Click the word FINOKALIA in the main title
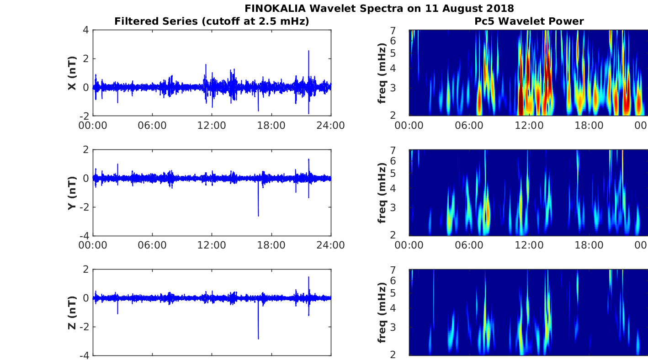(275, 8)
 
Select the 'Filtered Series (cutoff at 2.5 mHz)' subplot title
(212, 21)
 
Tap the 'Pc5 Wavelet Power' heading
(529, 21)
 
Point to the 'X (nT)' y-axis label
(72, 73)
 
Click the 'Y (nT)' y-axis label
(72, 193)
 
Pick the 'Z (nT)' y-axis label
(72, 312)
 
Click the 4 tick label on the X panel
(86, 30)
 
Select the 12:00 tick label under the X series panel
(212, 126)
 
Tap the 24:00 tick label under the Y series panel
(331, 245)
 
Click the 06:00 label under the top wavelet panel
(469, 126)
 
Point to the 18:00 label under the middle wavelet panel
(589, 245)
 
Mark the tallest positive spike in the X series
(308, 51)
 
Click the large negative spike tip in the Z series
(258, 339)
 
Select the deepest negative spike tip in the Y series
(258, 216)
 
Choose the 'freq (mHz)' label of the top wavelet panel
(382, 73)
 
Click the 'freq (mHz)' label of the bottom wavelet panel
(382, 312)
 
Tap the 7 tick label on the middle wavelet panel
(393, 150)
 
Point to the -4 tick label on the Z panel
(85, 356)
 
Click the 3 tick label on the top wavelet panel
(393, 88)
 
